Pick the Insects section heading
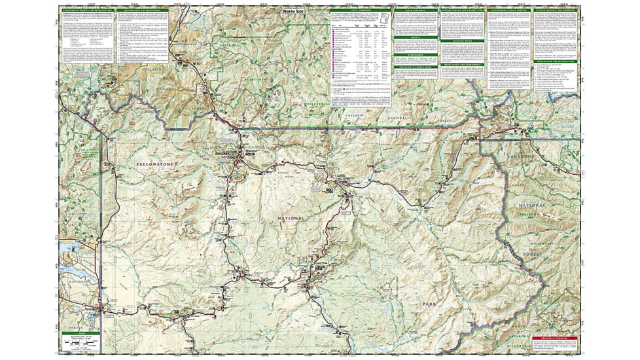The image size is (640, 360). click(x=416, y=37)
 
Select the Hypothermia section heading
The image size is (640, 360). click(x=416, y=56)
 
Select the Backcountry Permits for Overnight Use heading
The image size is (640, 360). click(x=86, y=9)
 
